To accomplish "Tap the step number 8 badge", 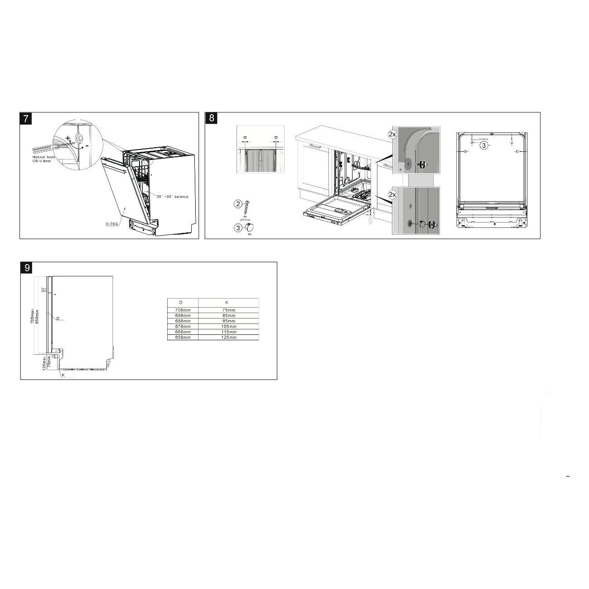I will pyautogui.click(x=212, y=119).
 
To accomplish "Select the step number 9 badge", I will pyautogui.click(x=27, y=268).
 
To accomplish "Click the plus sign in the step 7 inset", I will pyautogui.click(x=68, y=138).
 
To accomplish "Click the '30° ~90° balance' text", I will pyautogui.click(x=172, y=197).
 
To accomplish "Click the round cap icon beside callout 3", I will pyautogui.click(x=249, y=227).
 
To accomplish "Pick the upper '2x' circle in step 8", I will pyautogui.click(x=392, y=134).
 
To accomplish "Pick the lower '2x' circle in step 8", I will pyautogui.click(x=392, y=194).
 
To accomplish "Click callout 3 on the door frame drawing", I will pyautogui.click(x=484, y=145).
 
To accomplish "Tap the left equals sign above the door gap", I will pyautogui.click(x=245, y=137).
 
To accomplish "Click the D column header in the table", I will pyautogui.click(x=181, y=302).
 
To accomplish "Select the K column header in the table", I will pyautogui.click(x=227, y=302).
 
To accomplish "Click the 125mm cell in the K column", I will pyautogui.click(x=229, y=338).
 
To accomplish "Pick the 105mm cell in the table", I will pyautogui.click(x=229, y=326).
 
